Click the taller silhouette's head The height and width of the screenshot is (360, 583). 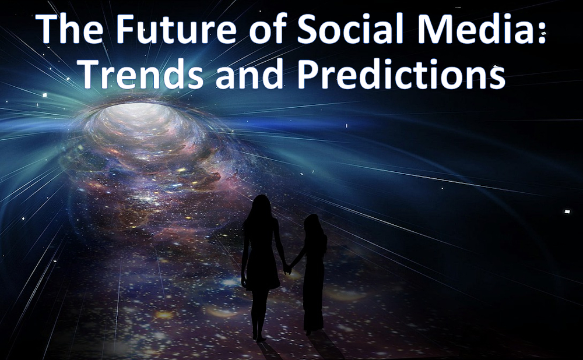click(261, 206)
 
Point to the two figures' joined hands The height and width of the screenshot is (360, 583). click(287, 269)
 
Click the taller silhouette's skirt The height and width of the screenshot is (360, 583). click(261, 274)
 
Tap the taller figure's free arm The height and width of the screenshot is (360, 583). click(245, 256)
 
